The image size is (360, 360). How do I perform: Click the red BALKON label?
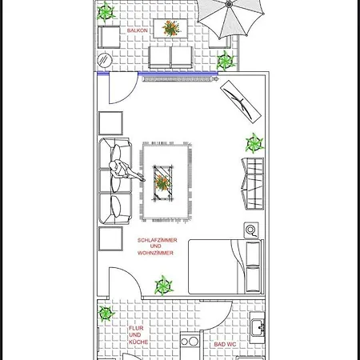coord(136,30)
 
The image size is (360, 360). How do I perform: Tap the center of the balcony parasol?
coord(229,5)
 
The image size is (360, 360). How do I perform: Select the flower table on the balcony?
coord(171,29)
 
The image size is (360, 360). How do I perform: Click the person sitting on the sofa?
coord(122,171)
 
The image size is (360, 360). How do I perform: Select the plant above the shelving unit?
coord(254,143)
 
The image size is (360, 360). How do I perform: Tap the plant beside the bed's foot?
coord(163,284)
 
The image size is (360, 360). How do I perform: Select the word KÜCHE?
coord(135,342)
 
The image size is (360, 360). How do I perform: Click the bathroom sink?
coord(258,328)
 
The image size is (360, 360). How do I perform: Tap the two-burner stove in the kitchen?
coord(189,342)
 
